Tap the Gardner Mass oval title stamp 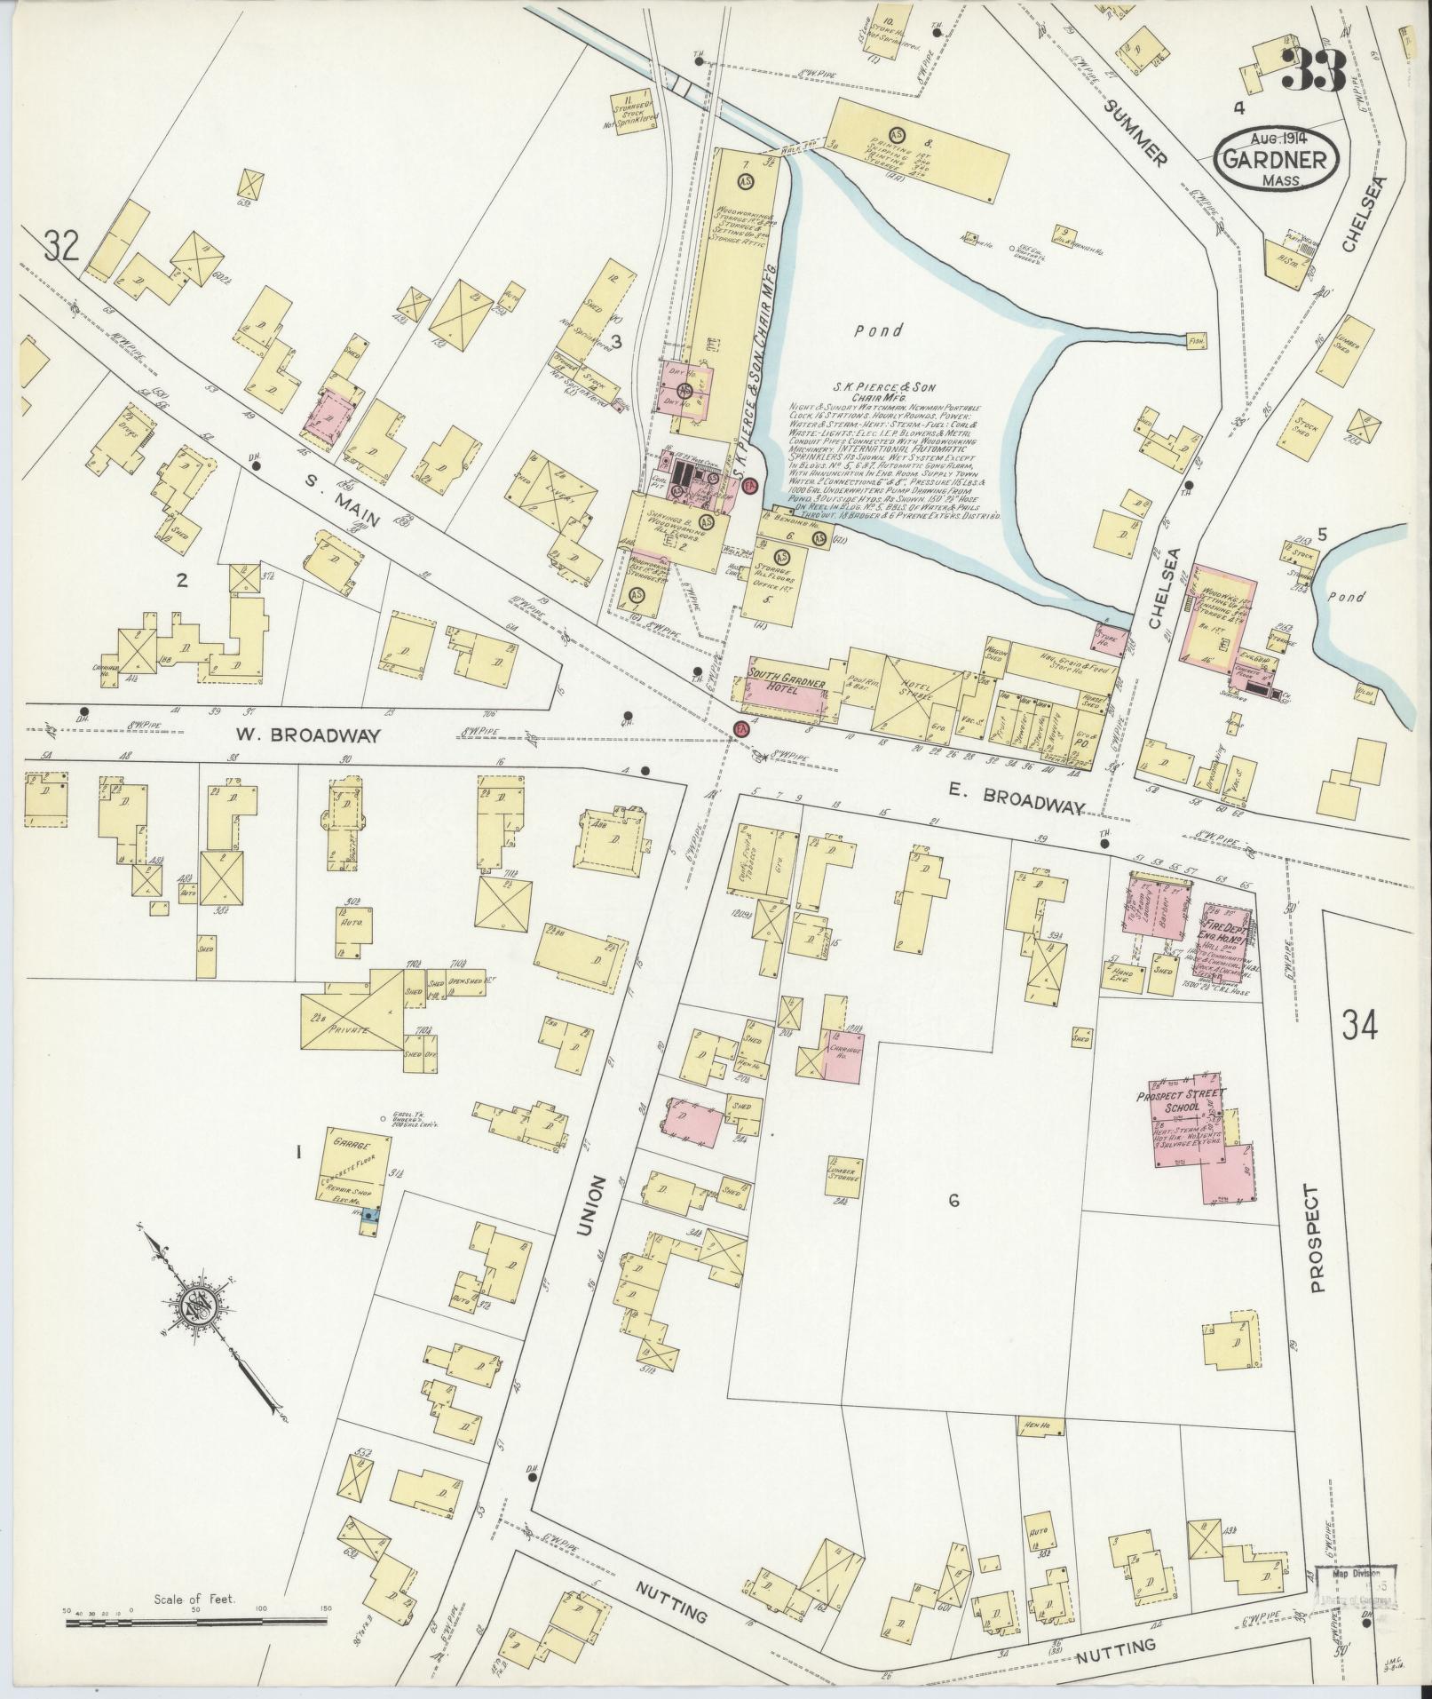[1276, 160]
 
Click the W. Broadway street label [309, 735]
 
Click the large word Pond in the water [879, 330]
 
